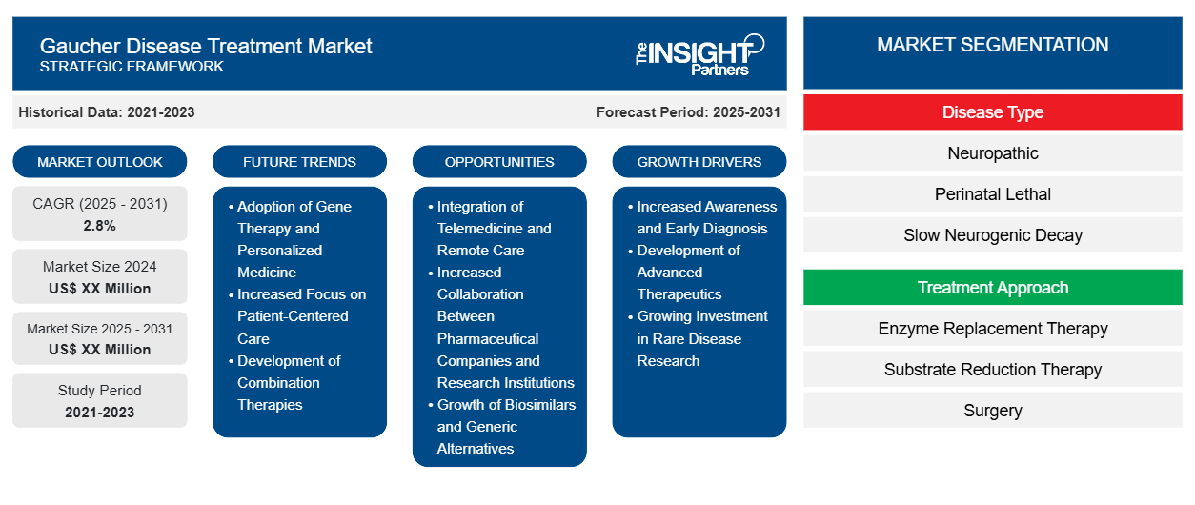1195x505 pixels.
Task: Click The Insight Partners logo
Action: click(699, 55)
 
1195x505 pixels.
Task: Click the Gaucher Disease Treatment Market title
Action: click(206, 46)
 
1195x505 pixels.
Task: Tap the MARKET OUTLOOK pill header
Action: click(100, 162)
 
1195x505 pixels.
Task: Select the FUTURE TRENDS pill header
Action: click(299, 162)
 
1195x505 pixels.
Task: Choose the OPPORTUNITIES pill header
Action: click(499, 162)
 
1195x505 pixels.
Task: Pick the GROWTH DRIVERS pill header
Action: click(699, 162)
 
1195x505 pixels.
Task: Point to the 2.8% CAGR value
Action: click(100, 226)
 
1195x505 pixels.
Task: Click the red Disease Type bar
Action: click(993, 112)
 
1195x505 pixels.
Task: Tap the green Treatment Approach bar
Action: click(993, 288)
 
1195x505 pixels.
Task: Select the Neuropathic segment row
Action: click(993, 153)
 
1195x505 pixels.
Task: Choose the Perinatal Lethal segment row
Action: click(993, 194)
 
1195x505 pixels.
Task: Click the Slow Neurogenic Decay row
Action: click(993, 235)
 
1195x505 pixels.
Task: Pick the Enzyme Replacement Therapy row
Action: click(993, 329)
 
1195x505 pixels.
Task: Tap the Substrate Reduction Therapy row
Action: click(993, 370)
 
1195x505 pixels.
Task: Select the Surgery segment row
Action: click(993, 411)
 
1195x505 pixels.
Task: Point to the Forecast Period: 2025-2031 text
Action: click(688, 112)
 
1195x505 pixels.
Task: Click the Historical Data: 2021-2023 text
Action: click(107, 112)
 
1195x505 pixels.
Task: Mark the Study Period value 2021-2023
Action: click(100, 413)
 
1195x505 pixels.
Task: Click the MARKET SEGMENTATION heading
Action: click(993, 45)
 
